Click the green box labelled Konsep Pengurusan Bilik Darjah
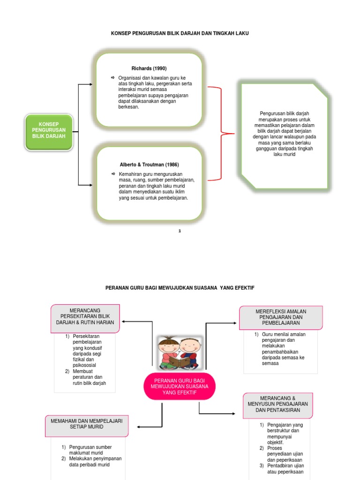click(x=49, y=132)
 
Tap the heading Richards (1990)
click(x=149, y=68)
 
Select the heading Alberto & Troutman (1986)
click(x=149, y=165)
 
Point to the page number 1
click(x=180, y=231)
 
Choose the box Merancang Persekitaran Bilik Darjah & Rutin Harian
click(x=85, y=318)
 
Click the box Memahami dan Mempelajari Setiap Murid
click(x=87, y=424)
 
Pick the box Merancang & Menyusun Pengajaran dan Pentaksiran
click(x=278, y=404)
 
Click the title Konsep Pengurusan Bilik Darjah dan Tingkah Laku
click(x=180, y=34)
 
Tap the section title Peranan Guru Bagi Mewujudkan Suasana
click(x=180, y=287)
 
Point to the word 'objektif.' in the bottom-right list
click(x=276, y=442)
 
